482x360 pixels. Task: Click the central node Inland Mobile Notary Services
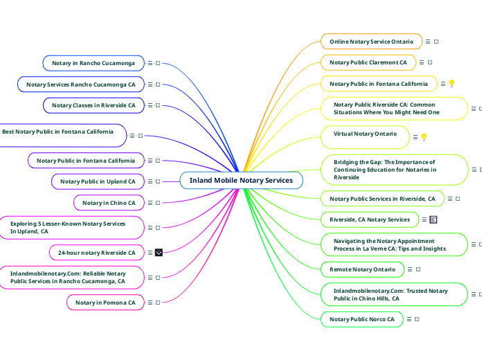click(241, 181)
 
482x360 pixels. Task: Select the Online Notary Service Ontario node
click(371, 42)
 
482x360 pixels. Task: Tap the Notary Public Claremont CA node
click(368, 62)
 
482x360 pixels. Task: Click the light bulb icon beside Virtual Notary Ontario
click(424, 137)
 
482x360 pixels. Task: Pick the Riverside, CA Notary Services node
click(370, 219)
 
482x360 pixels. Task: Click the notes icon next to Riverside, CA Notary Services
click(434, 219)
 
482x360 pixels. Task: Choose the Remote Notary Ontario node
click(362, 269)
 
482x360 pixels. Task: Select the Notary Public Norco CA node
click(361, 319)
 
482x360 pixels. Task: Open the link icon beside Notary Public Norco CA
click(418, 319)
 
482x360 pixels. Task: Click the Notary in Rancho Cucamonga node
click(93, 63)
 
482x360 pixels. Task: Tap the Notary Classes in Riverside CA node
click(93, 105)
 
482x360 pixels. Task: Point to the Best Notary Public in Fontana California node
click(58, 132)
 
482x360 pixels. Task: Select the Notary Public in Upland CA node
click(98, 181)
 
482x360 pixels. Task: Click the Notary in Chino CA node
click(109, 203)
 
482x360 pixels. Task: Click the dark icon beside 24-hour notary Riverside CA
click(159, 253)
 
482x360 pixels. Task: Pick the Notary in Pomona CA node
click(105, 303)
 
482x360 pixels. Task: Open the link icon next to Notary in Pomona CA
click(159, 303)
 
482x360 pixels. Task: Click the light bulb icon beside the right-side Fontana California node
click(452, 84)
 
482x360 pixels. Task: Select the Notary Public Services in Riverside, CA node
click(382, 199)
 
